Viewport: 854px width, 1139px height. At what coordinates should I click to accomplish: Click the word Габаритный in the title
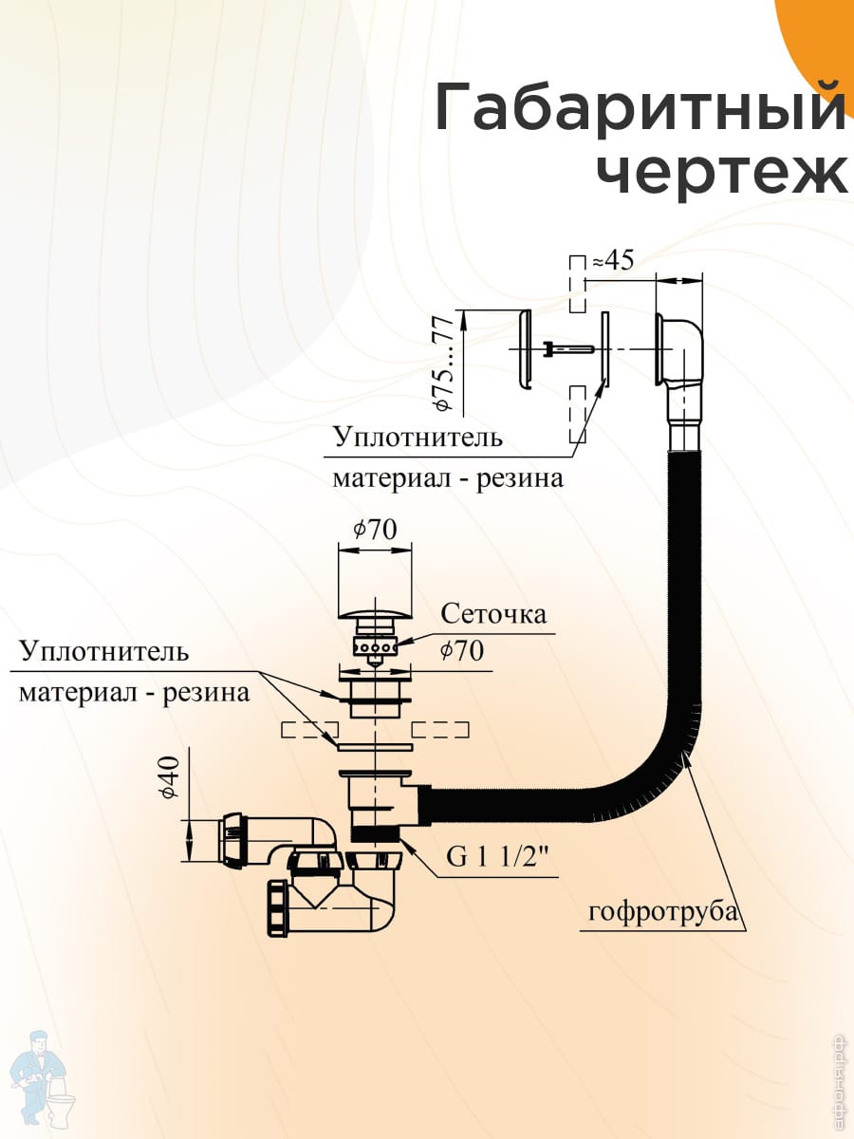pos(640,108)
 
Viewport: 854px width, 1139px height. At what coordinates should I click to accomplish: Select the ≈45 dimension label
pos(612,260)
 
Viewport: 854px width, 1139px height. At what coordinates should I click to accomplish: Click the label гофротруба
pos(662,913)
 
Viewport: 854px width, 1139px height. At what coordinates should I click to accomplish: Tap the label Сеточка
pos(493,614)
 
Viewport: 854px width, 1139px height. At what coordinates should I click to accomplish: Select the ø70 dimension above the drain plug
pos(375,530)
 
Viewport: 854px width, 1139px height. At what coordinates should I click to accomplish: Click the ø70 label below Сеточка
pos(462,651)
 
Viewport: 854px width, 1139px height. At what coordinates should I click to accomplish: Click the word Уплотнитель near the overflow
pos(417,439)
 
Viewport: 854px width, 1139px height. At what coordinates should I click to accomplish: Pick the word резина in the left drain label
pos(206,693)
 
